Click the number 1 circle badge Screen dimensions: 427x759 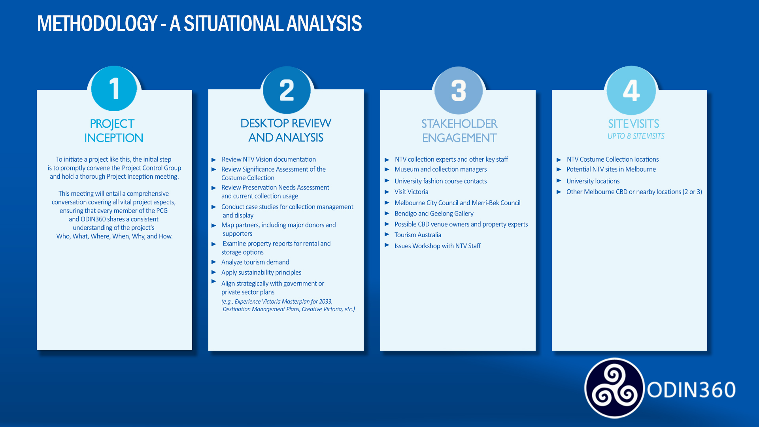click(114, 89)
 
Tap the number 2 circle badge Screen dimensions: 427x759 click(287, 90)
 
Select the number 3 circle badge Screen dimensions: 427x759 click(459, 91)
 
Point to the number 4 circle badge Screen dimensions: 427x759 click(631, 91)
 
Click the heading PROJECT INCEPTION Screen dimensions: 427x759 click(113, 131)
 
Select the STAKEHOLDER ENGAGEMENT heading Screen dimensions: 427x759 click(459, 131)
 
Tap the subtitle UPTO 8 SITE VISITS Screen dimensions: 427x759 click(636, 136)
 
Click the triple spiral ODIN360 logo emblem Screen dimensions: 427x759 click(614, 388)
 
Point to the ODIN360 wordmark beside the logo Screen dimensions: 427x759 click(691, 390)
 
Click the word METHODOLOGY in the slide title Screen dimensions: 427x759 click(97, 24)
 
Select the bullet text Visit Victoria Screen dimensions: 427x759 click(411, 192)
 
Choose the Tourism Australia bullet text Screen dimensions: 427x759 click(417, 235)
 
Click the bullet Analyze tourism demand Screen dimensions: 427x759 click(255, 262)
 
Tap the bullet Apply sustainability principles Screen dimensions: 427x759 click(261, 272)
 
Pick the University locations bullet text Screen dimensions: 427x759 click(593, 181)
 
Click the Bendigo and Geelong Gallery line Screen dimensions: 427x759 click(434, 213)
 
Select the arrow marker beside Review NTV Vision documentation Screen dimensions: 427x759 click(214, 160)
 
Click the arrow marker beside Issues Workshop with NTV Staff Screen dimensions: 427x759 click(387, 245)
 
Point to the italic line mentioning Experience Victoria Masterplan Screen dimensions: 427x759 click(277, 302)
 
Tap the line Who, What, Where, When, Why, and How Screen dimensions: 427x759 click(114, 236)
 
